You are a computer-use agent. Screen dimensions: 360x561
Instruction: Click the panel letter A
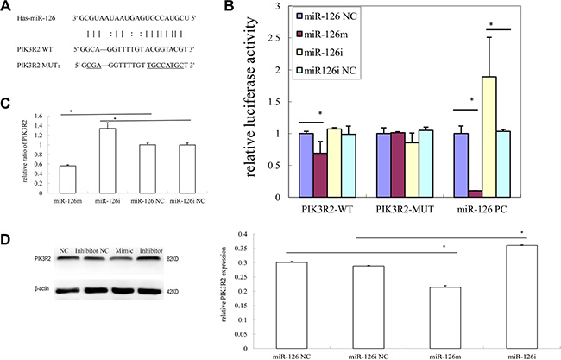coord(7,7)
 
